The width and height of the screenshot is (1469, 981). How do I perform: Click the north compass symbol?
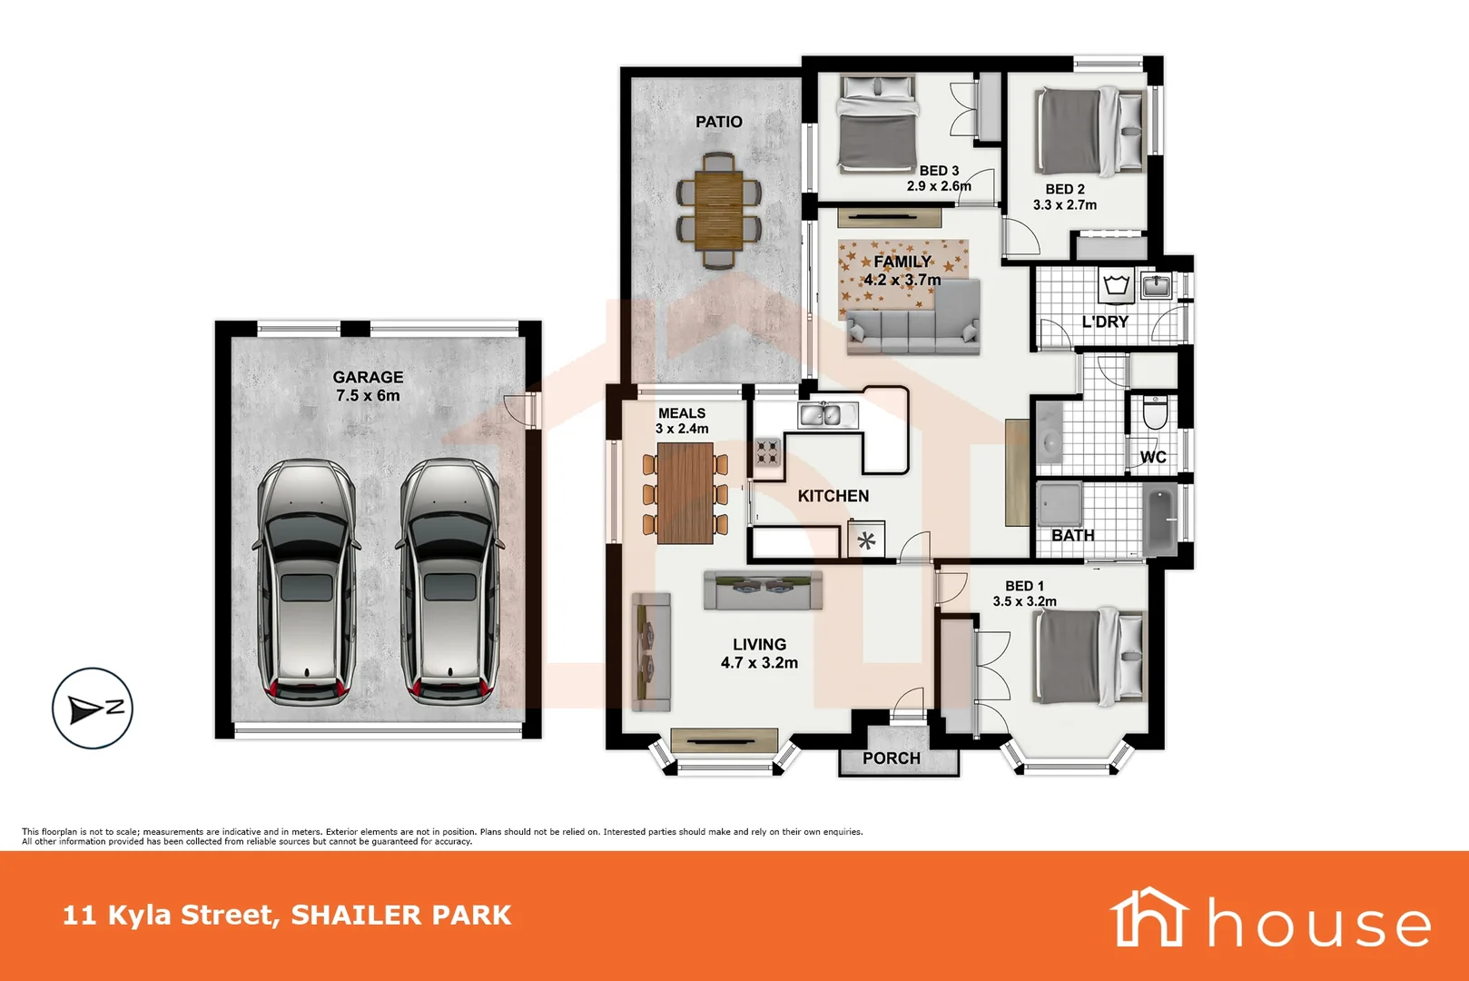(92, 708)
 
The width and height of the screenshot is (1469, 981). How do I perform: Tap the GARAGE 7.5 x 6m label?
(368, 386)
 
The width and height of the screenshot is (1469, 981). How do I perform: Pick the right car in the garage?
(449, 581)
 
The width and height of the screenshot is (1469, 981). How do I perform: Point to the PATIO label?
(718, 122)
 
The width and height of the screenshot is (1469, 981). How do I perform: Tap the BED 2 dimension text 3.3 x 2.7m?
(1064, 205)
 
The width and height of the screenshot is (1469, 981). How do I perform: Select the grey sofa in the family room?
(913, 320)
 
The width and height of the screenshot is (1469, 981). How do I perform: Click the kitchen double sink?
(827, 415)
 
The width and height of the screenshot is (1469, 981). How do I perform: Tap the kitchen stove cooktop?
(767, 451)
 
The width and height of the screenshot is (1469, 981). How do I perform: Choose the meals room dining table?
(685, 492)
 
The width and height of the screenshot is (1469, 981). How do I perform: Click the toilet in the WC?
(1154, 412)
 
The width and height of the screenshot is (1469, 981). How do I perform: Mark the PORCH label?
(891, 758)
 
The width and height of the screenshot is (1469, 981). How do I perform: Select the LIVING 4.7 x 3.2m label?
(759, 653)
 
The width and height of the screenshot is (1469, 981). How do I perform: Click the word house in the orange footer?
(1318, 924)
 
